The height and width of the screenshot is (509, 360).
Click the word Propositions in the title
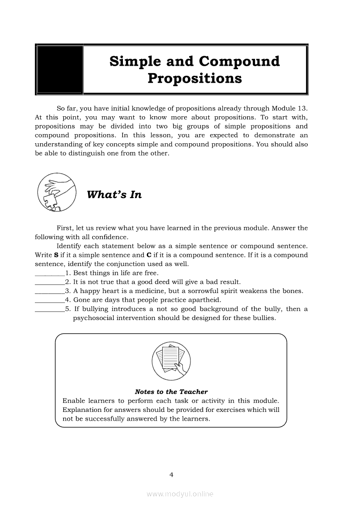pos(194,78)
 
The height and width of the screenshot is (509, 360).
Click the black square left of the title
pos(60,70)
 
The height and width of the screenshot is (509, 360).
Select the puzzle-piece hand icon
pos(57,192)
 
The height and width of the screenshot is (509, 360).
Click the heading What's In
pos(114,195)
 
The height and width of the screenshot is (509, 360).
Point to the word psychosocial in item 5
pos(93,318)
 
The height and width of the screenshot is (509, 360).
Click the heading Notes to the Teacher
pos(171,392)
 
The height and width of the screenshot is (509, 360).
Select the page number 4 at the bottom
pos(171,475)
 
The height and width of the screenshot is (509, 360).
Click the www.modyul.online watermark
pos(180,494)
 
